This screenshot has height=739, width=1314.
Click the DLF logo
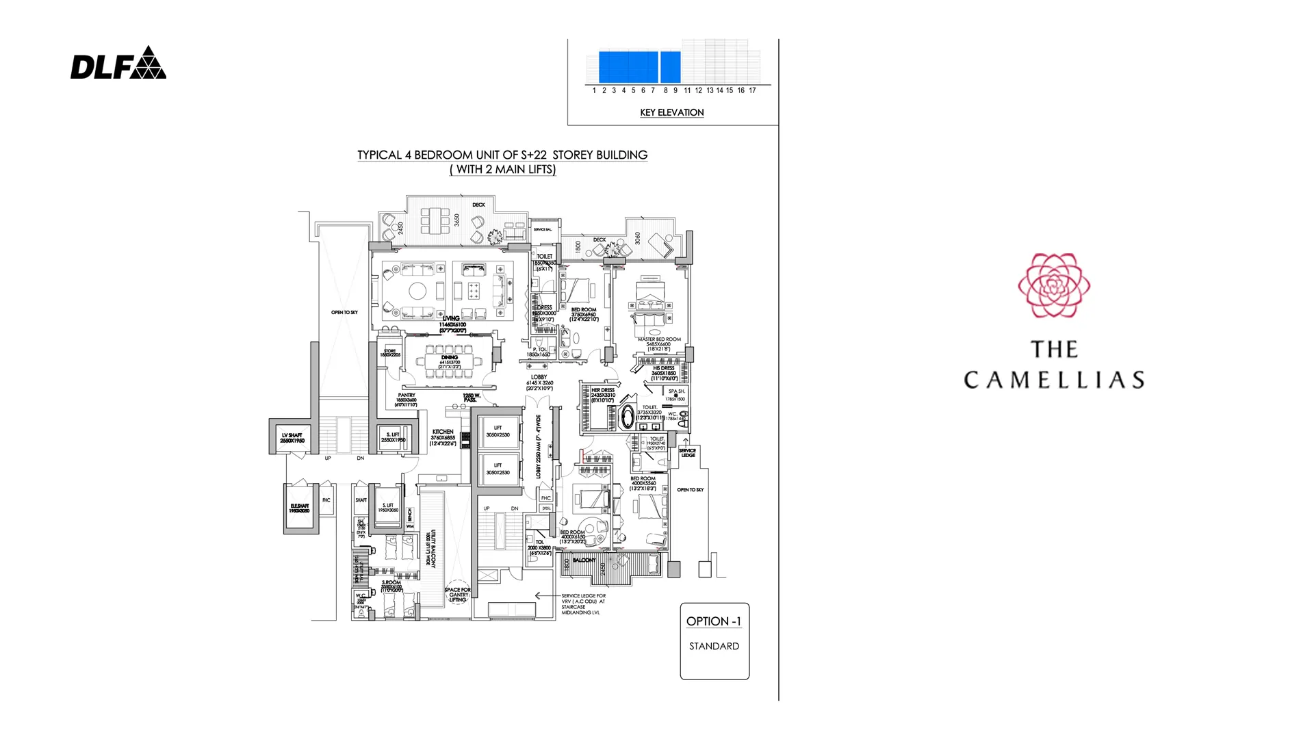[118, 63]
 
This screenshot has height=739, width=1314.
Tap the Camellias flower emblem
[1054, 285]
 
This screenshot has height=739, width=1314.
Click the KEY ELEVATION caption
[671, 112]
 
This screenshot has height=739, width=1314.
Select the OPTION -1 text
[714, 621]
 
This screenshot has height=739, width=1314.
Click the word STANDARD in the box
[714, 646]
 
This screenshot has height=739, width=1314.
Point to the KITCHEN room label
[443, 432]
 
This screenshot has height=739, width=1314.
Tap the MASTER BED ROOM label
[659, 339]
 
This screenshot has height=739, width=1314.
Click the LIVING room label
[451, 318]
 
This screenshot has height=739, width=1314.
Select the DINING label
[450, 357]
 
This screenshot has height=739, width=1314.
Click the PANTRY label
[407, 395]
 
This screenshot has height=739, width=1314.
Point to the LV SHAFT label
[292, 435]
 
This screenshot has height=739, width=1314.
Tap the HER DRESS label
[603, 390]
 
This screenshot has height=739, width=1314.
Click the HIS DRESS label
[663, 368]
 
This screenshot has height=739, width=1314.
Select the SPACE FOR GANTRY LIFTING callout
[457, 595]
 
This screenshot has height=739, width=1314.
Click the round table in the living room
[417, 291]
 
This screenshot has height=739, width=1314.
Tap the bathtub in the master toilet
[627, 417]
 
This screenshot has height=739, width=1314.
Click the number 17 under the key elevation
[752, 90]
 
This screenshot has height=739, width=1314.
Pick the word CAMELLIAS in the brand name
[1054, 380]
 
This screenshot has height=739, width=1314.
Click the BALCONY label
[584, 560]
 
